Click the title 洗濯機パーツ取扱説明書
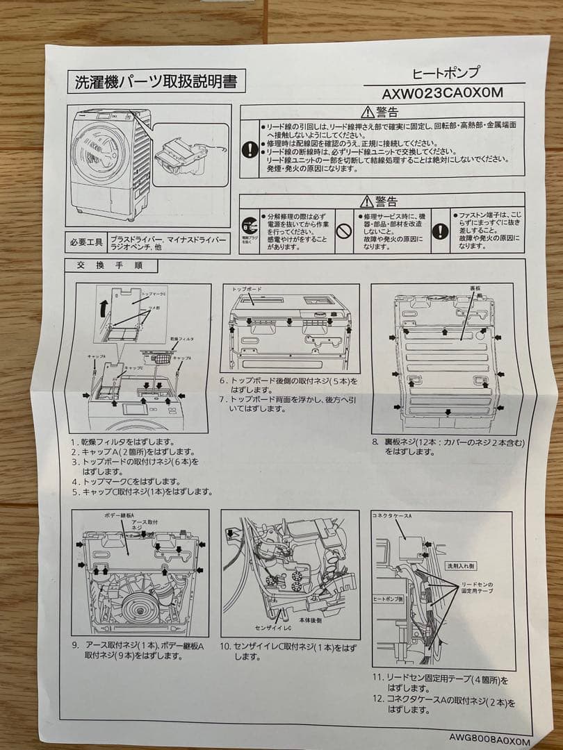pyautogui.click(x=155, y=82)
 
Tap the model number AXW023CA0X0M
pyautogui.click(x=443, y=92)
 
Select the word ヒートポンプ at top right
pyautogui.click(x=446, y=73)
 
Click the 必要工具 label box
pyautogui.click(x=87, y=242)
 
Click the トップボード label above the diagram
pyautogui.click(x=247, y=287)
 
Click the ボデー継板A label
pyautogui.click(x=106, y=515)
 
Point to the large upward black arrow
pyautogui.click(x=103, y=306)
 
